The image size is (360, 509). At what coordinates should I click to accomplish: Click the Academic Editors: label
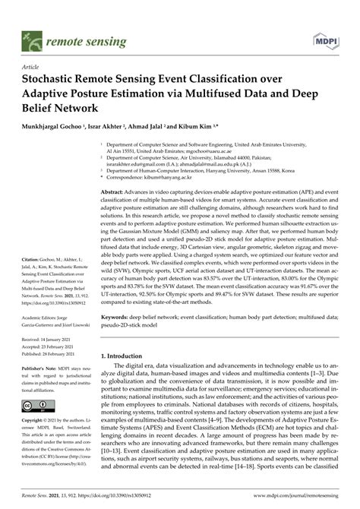[46, 320]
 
